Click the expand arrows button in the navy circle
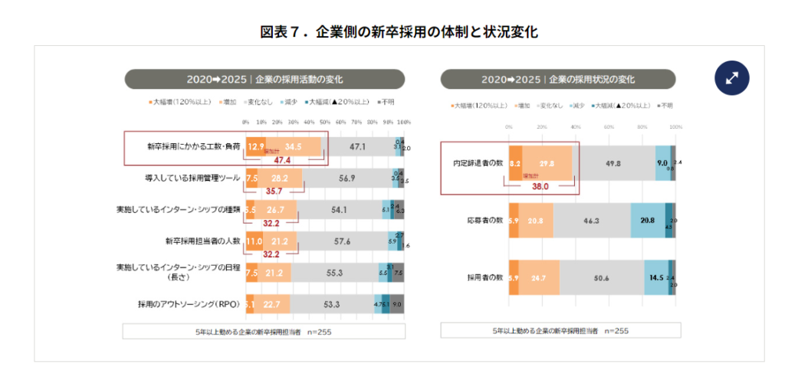click(731, 77)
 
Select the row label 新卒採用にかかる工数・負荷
click(193, 146)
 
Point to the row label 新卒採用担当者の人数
click(202, 241)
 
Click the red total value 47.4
click(281, 160)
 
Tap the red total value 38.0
click(540, 185)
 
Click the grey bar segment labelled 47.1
click(357, 146)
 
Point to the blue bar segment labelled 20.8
click(647, 220)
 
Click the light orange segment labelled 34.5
click(294, 146)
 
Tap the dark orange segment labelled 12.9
click(256, 146)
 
